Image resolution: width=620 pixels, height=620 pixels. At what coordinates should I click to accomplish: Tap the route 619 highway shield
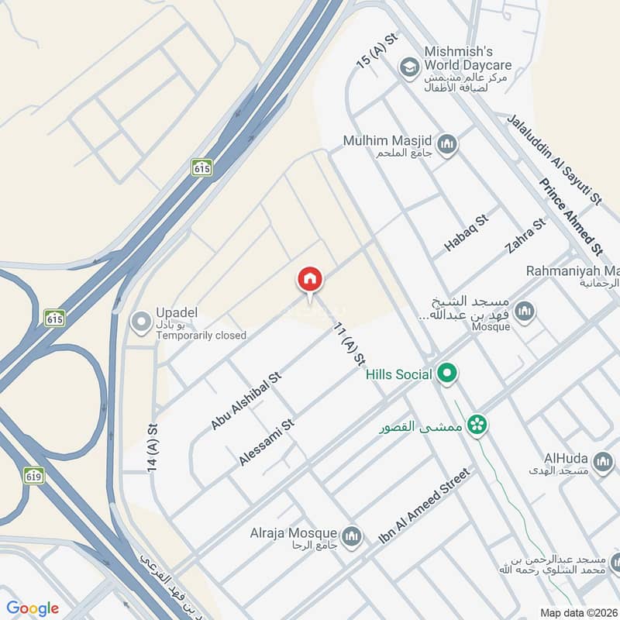click(33, 474)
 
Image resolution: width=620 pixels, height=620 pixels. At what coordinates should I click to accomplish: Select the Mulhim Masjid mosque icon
click(446, 144)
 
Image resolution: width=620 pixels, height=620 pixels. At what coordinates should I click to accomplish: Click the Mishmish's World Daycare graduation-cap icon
click(408, 68)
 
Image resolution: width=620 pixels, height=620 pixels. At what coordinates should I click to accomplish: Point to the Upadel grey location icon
click(141, 322)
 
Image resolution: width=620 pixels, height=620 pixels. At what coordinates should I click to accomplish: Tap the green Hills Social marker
click(446, 375)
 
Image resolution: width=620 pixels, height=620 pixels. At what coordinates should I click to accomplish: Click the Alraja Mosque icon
click(352, 536)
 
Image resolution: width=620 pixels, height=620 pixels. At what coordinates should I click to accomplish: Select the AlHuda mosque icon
click(601, 463)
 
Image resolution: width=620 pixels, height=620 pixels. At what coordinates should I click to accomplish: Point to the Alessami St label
click(267, 443)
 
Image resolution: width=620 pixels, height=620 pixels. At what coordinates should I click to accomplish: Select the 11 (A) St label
click(349, 344)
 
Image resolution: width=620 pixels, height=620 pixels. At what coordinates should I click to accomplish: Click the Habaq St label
click(467, 232)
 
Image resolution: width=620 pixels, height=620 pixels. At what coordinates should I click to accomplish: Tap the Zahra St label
click(525, 236)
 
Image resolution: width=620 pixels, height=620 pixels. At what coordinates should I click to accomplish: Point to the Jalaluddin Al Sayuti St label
click(553, 160)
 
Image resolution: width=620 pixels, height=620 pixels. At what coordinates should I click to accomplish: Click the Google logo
click(33, 608)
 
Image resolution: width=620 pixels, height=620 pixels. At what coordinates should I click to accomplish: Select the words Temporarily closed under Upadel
click(201, 336)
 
